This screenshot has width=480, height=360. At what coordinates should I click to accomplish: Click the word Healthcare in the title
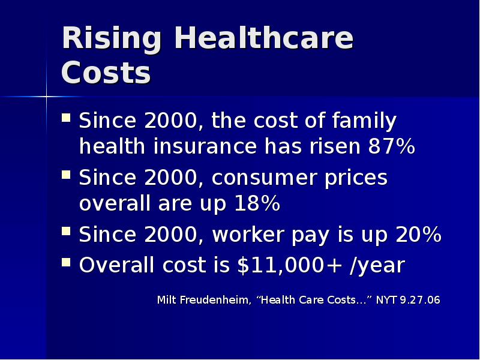(264, 40)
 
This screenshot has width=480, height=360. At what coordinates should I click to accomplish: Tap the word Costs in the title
(106, 74)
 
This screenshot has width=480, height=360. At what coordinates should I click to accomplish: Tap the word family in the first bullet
(363, 122)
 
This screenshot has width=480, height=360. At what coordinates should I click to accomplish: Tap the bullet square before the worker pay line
(67, 232)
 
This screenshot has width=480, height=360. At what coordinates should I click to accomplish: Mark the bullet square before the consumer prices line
(67, 175)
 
